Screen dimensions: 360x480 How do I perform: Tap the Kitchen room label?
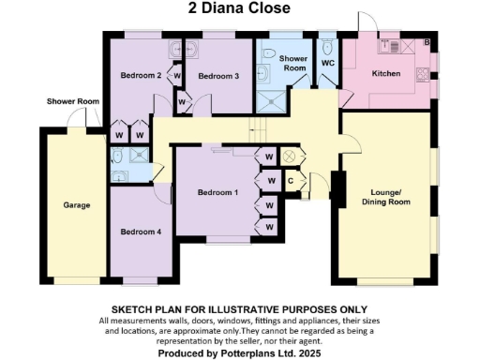pyautogui.click(x=386, y=73)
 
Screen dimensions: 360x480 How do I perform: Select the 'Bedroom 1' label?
pyautogui.click(x=217, y=192)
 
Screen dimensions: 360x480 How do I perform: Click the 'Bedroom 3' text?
pyautogui.click(x=217, y=76)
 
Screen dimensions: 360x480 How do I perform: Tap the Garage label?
pyautogui.click(x=76, y=204)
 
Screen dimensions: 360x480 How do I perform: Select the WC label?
pyautogui.click(x=327, y=64)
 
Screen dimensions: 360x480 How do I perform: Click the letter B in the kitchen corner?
pyautogui.click(x=427, y=43)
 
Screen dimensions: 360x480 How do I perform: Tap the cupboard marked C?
pyautogui.click(x=291, y=180)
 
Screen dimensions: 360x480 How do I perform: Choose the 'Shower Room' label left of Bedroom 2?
pyautogui.click(x=73, y=101)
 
